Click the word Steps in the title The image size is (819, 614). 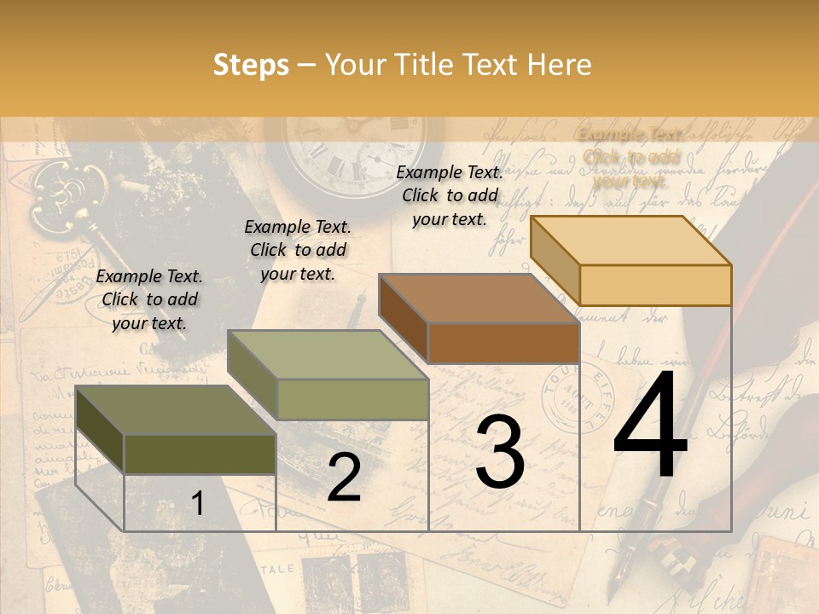(x=251, y=65)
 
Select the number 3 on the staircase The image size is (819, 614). (x=499, y=452)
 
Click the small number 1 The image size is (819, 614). (x=197, y=504)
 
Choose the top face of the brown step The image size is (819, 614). (x=478, y=298)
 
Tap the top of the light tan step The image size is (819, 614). (x=631, y=240)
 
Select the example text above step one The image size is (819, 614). (x=149, y=299)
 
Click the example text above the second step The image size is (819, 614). (x=298, y=250)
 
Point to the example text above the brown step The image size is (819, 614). (x=450, y=195)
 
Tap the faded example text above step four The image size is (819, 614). (x=630, y=157)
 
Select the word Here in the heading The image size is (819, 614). (x=560, y=65)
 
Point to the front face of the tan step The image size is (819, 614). (x=655, y=285)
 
